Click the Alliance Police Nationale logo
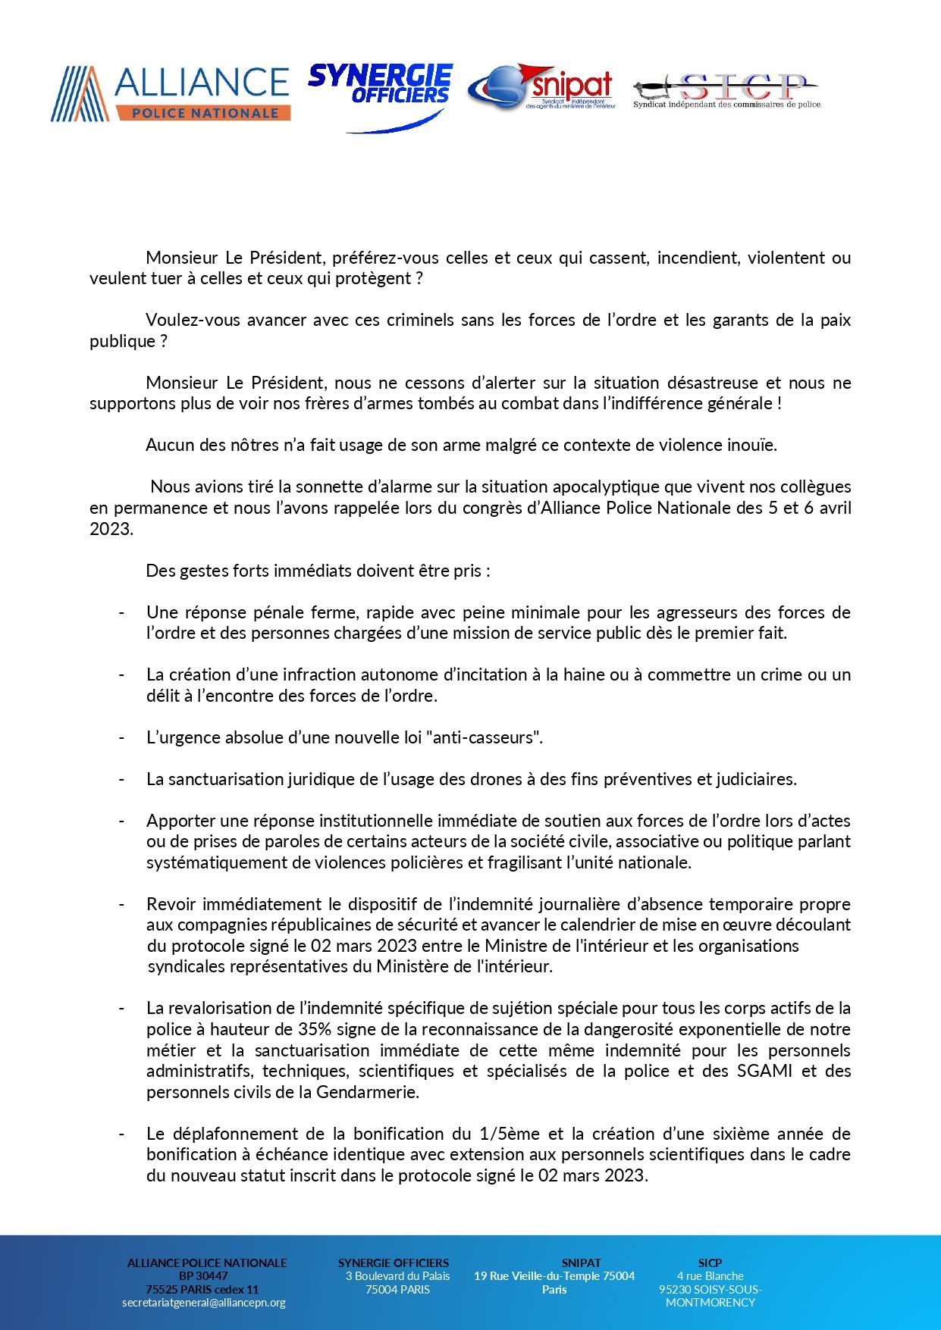point(171,93)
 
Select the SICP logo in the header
point(726,92)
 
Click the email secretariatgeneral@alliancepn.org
point(204,1302)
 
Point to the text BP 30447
point(203,1275)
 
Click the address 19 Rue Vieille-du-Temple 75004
point(554,1275)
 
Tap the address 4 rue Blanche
point(710,1275)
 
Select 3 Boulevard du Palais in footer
point(397,1275)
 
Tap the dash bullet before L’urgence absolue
point(121,737)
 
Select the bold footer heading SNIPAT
point(581,1263)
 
